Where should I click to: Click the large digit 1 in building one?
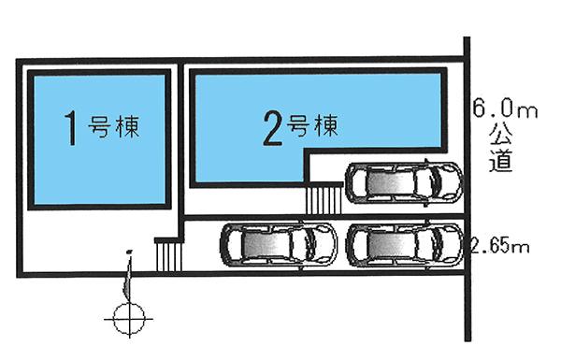tap(69, 128)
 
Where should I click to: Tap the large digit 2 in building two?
tap(273, 128)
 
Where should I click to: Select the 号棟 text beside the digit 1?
tap(114, 126)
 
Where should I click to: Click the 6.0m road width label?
tap(505, 110)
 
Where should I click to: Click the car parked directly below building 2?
tap(404, 182)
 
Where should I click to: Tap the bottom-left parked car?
tap(279, 245)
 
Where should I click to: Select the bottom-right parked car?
tap(404, 246)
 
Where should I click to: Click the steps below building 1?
tap(166, 253)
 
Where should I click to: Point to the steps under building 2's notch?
tap(324, 199)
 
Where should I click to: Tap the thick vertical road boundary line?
tap(467, 187)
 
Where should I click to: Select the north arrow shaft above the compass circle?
tap(128, 276)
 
